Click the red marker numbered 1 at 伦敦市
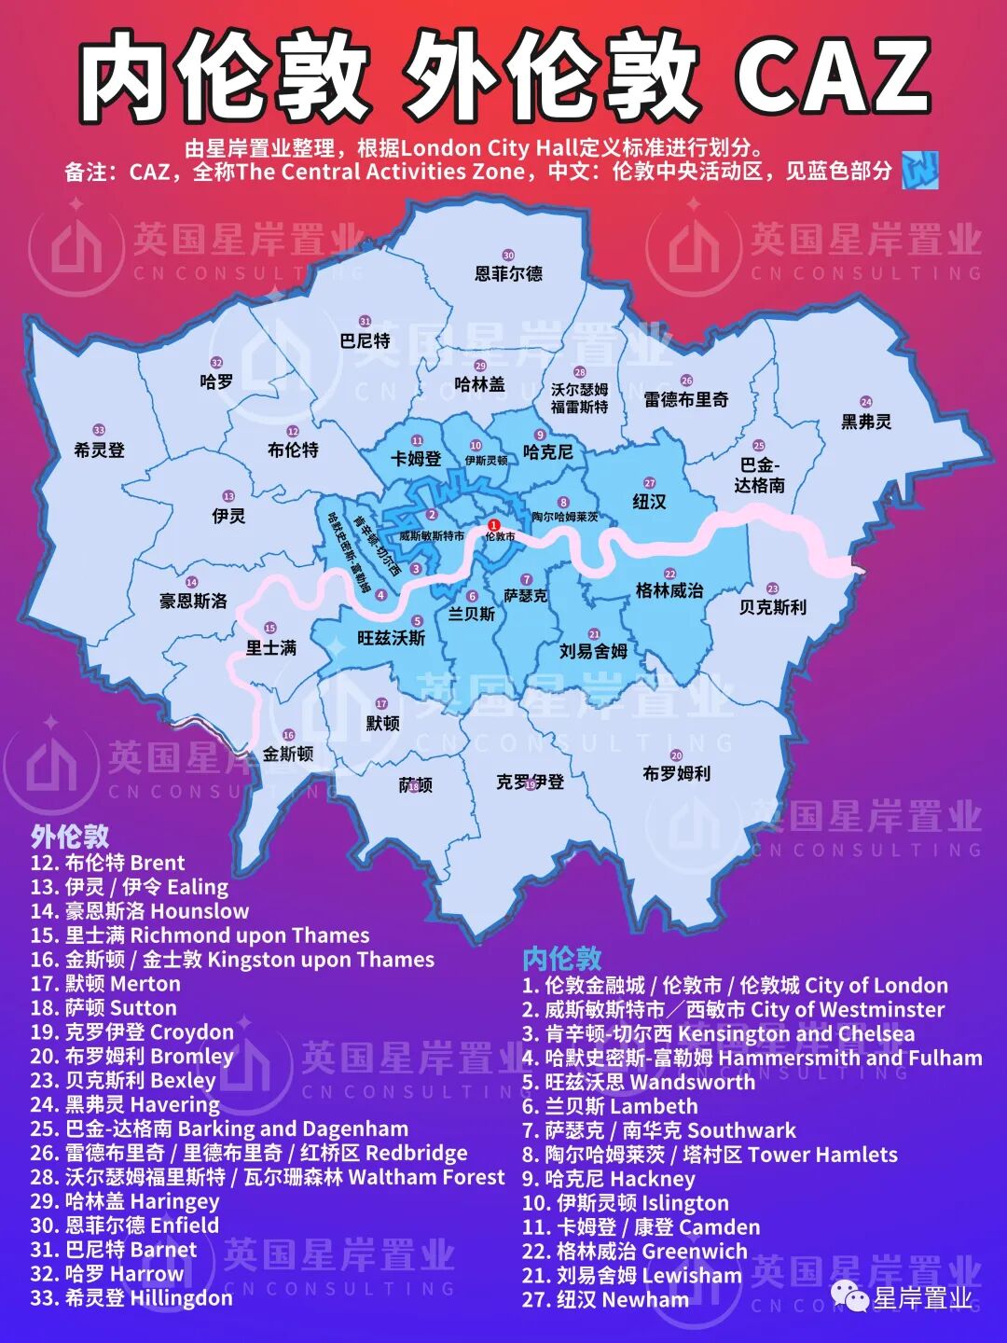click(x=494, y=526)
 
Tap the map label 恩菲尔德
click(x=508, y=273)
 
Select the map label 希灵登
click(x=99, y=450)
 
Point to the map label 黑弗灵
click(x=866, y=422)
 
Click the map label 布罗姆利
click(x=676, y=773)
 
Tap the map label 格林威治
click(x=669, y=590)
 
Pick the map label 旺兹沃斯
click(x=392, y=638)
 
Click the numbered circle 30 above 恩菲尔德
click(x=508, y=255)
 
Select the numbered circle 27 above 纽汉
click(x=650, y=483)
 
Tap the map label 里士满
click(x=270, y=646)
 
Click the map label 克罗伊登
click(x=530, y=782)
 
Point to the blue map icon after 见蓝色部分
click(x=919, y=171)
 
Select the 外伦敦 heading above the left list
click(x=70, y=836)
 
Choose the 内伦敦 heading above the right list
click(x=562, y=959)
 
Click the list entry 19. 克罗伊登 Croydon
click(x=131, y=1032)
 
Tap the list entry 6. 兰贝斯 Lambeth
click(x=610, y=1107)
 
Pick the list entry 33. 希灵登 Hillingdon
click(x=131, y=1298)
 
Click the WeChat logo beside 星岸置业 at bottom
click(x=849, y=1296)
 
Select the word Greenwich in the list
click(x=695, y=1252)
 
